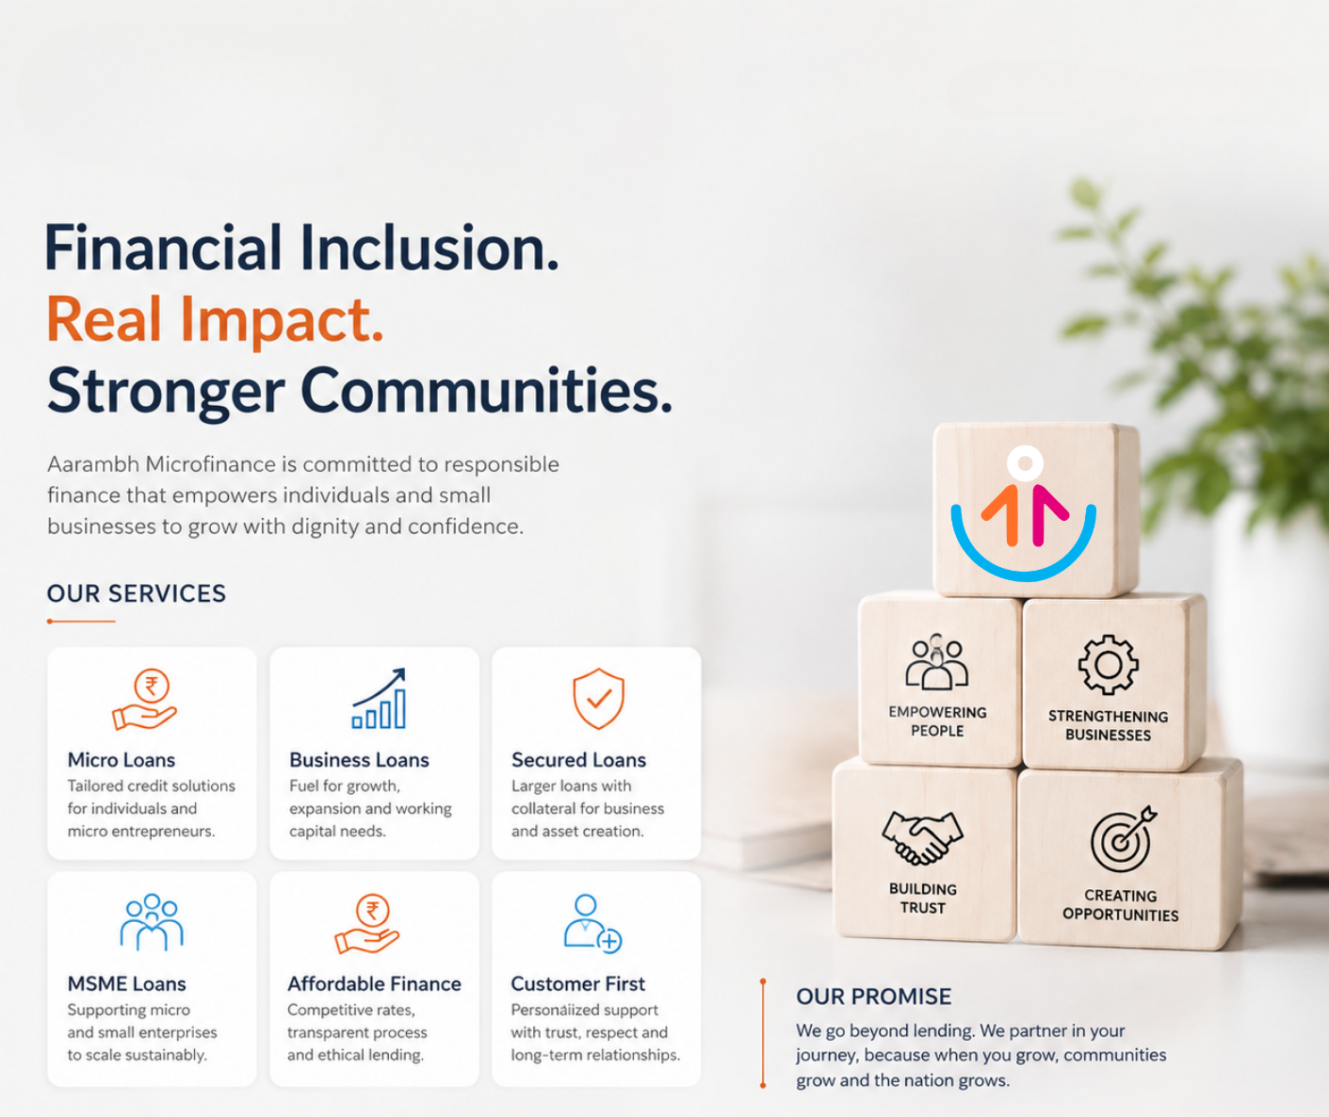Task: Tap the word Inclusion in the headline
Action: [429, 248]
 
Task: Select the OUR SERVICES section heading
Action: [137, 593]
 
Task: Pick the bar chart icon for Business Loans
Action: [380, 698]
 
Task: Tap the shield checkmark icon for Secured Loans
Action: [598, 698]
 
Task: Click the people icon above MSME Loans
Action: [152, 922]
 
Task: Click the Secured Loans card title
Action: [578, 760]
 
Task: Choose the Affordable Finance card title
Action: [374, 984]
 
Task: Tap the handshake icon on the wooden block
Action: [922, 837]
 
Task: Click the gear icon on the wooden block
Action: [1109, 665]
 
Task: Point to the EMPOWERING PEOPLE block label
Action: [937, 721]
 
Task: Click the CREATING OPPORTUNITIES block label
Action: [1120, 905]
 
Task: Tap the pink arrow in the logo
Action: [1047, 514]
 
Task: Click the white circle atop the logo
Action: [1025, 462]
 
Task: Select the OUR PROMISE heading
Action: [873, 996]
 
